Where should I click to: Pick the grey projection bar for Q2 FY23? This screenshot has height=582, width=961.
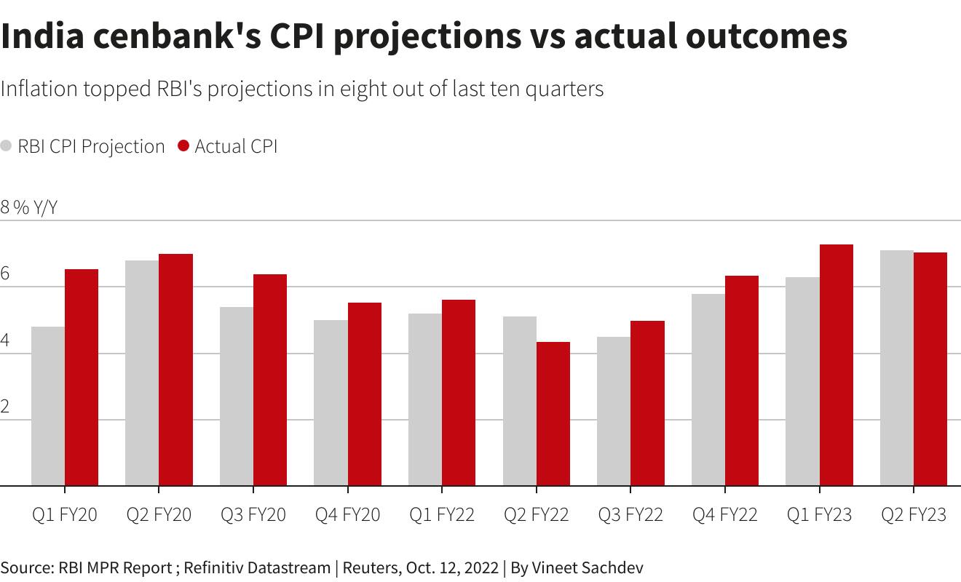[x=897, y=367]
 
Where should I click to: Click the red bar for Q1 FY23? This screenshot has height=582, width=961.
[x=837, y=364]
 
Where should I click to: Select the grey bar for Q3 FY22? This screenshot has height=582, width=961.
[x=614, y=411]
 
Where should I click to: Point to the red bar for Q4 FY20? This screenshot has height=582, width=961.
[x=365, y=394]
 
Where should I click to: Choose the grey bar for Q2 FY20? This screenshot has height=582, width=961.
[x=142, y=372]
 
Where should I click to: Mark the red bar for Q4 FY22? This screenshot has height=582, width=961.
[x=742, y=380]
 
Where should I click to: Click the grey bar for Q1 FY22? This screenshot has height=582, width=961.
[x=425, y=399]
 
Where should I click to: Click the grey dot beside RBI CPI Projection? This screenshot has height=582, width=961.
[x=7, y=146]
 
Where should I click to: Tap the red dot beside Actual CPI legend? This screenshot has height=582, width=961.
[x=183, y=146]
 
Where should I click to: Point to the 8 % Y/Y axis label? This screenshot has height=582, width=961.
[x=28, y=207]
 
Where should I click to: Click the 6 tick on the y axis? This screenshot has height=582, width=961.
[x=5, y=274]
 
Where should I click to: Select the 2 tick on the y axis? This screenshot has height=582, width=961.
[x=5, y=407]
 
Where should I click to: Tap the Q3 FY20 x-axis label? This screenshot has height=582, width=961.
[x=253, y=515]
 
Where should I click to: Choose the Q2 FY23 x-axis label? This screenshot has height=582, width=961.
[x=914, y=515]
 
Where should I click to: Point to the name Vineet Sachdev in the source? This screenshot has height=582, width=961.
[x=588, y=567]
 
